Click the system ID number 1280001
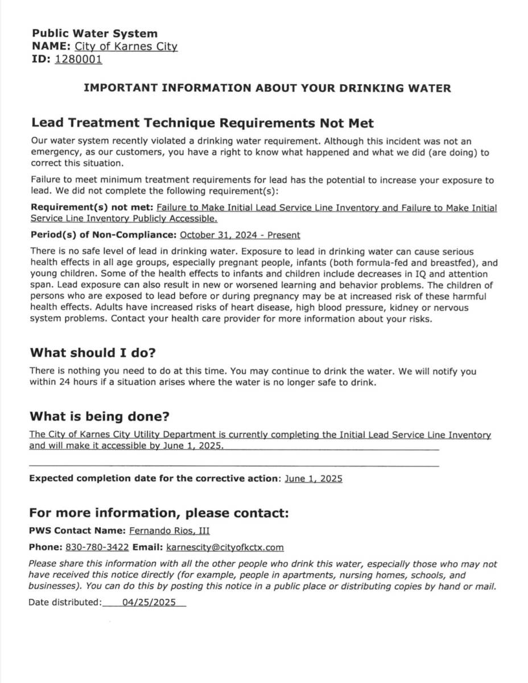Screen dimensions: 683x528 79,59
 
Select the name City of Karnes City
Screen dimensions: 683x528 126,47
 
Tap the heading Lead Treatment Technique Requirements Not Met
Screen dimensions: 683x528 202,123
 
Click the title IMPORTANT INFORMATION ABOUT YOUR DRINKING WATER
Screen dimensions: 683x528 267,88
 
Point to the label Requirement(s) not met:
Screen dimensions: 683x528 92,208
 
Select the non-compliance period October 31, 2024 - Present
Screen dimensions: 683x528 240,235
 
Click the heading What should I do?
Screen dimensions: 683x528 93,352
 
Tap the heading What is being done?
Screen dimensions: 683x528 100,416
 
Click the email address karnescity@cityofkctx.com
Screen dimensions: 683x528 224,548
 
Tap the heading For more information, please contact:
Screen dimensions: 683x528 159,512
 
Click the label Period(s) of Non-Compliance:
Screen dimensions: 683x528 104,235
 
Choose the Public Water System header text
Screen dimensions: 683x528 94,34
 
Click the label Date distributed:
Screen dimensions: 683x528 65,602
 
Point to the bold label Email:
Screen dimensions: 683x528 147,548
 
